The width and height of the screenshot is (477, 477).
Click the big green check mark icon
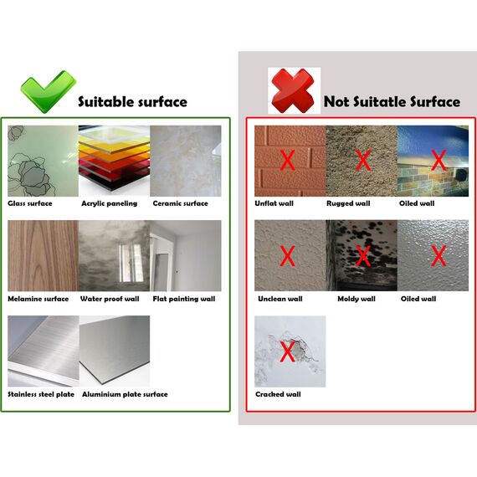click(x=46, y=90)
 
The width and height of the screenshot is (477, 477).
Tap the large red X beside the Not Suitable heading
click(x=294, y=90)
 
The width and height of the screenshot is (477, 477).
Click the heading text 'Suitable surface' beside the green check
click(x=132, y=102)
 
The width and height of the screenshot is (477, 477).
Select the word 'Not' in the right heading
click(x=337, y=102)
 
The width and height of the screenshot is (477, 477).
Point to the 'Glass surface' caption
click(x=30, y=203)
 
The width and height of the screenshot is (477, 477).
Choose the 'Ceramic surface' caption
click(x=180, y=203)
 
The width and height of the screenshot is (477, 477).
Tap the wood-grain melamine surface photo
click(x=42, y=256)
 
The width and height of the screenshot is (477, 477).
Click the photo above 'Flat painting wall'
click(x=186, y=256)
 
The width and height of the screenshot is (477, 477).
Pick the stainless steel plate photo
click(x=42, y=351)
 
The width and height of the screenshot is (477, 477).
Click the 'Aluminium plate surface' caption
click(x=125, y=394)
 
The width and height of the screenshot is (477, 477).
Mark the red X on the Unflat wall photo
click(x=286, y=159)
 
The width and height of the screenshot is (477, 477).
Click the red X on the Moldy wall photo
click(x=363, y=255)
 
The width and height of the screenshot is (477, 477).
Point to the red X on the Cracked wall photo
click(x=287, y=351)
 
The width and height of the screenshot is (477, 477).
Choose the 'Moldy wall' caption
click(x=356, y=299)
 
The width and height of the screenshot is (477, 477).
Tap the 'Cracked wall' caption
click(x=278, y=394)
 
